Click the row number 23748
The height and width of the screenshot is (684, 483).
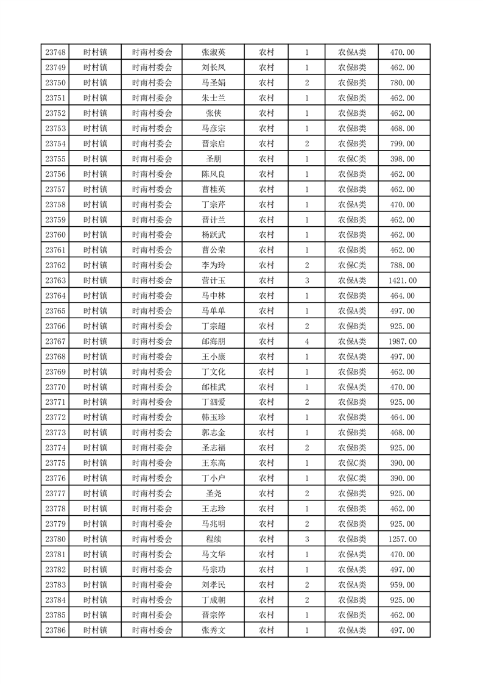click(55, 52)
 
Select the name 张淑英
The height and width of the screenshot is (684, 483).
click(213, 52)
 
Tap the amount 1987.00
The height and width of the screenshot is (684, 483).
click(403, 341)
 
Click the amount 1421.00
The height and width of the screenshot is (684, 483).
click(403, 280)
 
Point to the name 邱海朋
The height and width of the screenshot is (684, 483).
click(213, 341)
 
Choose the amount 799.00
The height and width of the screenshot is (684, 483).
click(403, 144)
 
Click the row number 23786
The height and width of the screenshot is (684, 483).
click(55, 630)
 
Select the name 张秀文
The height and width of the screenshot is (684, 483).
click(213, 630)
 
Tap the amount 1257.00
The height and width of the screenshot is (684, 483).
click(403, 539)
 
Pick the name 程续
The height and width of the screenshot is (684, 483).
click(213, 539)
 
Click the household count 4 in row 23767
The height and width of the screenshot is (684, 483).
click(306, 341)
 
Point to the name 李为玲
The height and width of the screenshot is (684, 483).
click(213, 265)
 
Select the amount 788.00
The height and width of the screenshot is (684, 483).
click(403, 265)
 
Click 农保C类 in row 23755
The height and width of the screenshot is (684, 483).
click(352, 159)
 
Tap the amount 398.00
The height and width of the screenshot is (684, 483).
click(403, 159)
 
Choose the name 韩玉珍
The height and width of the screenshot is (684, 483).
click(213, 418)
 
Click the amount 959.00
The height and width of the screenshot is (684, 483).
click(403, 585)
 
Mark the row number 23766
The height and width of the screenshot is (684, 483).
click(55, 326)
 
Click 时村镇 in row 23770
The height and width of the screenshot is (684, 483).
click(96, 387)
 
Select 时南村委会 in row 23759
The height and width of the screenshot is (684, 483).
click(152, 220)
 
